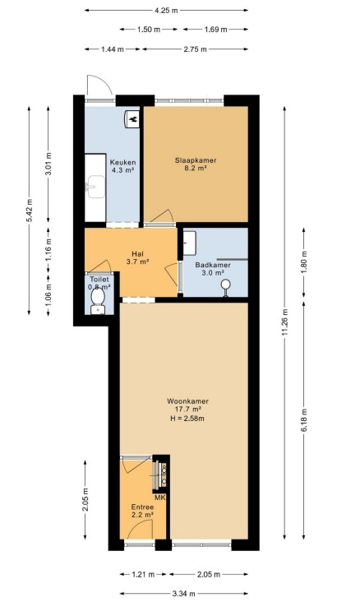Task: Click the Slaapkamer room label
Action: tap(196, 160)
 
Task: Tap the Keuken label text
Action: tap(122, 162)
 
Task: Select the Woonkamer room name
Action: tap(187, 401)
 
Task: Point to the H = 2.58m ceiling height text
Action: tap(187, 418)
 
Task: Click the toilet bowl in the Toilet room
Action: tap(98, 299)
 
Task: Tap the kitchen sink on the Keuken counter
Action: tap(95, 187)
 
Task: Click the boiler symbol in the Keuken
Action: tap(132, 119)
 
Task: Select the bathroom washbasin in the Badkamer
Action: tap(190, 243)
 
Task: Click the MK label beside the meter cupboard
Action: tap(160, 498)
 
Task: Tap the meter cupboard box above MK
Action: tap(161, 475)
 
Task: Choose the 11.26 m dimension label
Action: tap(284, 322)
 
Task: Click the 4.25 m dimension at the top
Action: tap(166, 11)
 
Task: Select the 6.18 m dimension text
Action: tap(303, 420)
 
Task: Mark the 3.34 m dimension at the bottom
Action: tap(185, 594)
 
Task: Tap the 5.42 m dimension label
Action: tap(29, 211)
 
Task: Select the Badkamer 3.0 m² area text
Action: tap(213, 273)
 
